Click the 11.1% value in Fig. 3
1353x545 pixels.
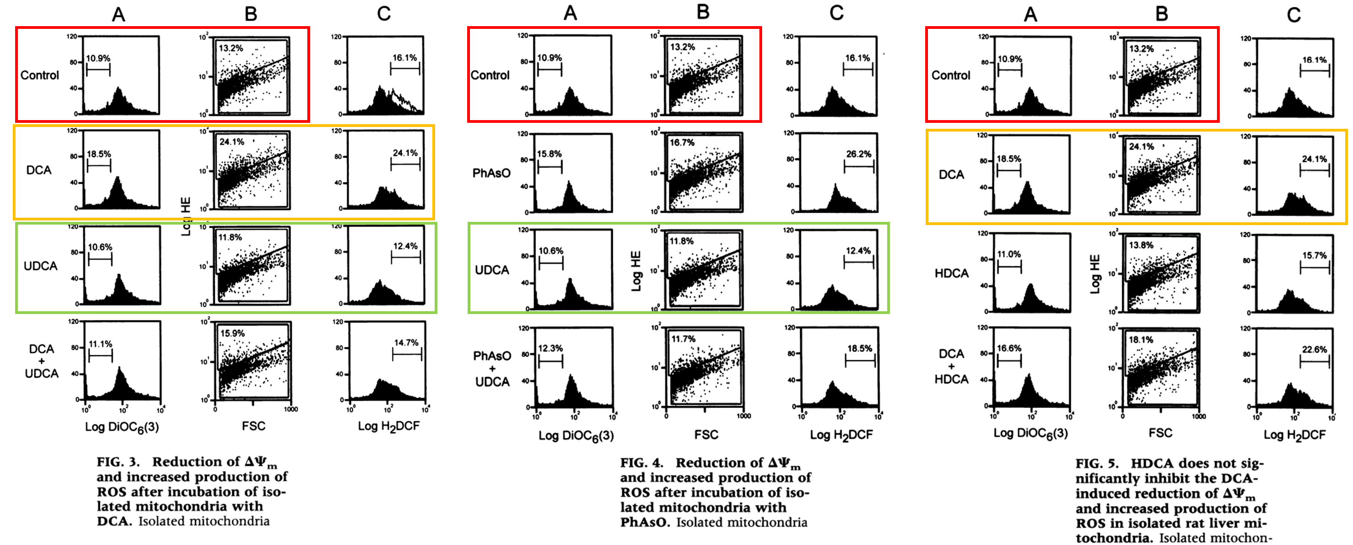(100, 344)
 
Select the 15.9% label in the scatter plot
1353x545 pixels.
(232, 333)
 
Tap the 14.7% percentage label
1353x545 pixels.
(407, 343)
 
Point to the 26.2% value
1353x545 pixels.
(859, 154)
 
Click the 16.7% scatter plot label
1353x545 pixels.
(682, 143)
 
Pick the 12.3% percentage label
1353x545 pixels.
(550, 348)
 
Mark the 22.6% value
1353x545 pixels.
(1314, 349)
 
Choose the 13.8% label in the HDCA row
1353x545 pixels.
(1141, 245)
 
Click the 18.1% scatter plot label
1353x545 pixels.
(1141, 340)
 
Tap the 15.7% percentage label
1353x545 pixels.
(1314, 255)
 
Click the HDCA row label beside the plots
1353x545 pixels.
(951, 273)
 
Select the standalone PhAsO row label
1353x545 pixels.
(491, 173)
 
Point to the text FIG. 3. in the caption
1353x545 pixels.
(118, 462)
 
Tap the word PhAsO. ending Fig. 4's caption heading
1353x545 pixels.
(645, 522)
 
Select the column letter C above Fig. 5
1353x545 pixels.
(1293, 15)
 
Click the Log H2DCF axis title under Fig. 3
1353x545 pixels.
(389, 426)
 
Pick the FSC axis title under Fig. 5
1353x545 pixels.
(1160, 433)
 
